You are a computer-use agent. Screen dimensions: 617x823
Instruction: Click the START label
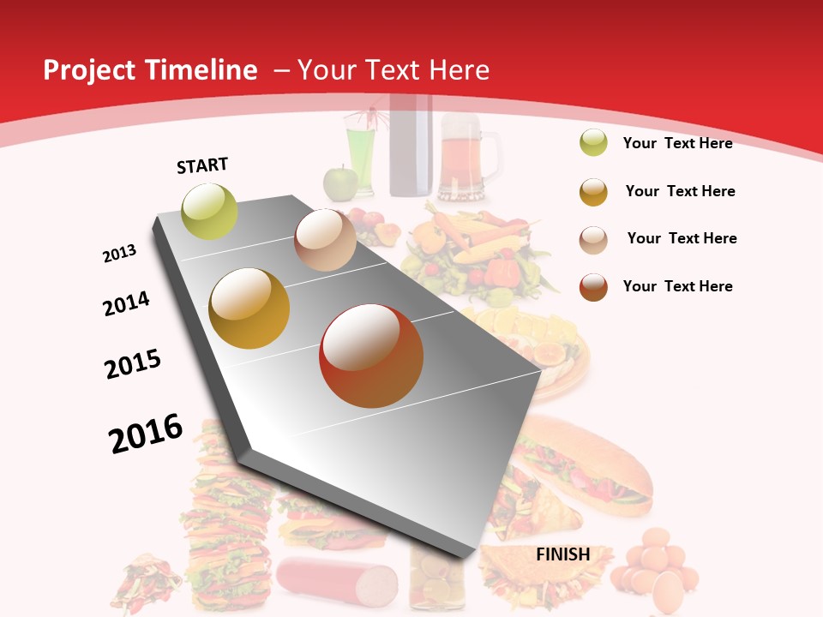tap(202, 165)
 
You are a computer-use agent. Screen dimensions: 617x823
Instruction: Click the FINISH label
tap(562, 554)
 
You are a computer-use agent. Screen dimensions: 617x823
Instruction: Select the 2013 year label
tap(119, 254)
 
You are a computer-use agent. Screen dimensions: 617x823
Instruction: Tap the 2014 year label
tap(126, 303)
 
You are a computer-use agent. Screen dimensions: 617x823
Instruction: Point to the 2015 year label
tap(133, 364)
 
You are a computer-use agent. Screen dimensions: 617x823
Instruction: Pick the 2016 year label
tap(146, 434)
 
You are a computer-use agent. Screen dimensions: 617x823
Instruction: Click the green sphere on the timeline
tap(209, 212)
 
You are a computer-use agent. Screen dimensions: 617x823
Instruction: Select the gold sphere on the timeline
tap(249, 308)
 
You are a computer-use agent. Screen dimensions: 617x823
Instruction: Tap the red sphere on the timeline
tap(371, 356)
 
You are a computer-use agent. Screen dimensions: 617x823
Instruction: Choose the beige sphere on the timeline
tap(325, 240)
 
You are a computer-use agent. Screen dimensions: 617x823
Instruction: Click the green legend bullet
tap(593, 143)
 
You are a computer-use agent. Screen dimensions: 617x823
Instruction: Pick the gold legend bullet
tap(593, 192)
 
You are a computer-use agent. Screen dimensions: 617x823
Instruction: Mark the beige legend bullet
tap(593, 239)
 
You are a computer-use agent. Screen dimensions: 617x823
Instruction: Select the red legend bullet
tap(593, 287)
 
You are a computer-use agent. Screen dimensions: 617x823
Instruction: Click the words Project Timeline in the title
tap(150, 70)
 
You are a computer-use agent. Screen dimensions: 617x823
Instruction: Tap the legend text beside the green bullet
tap(677, 143)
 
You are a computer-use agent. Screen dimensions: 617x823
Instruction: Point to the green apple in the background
tap(339, 183)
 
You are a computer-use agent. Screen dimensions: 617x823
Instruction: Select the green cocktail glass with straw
tap(360, 150)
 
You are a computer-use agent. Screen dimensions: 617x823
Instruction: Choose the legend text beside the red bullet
tap(677, 286)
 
